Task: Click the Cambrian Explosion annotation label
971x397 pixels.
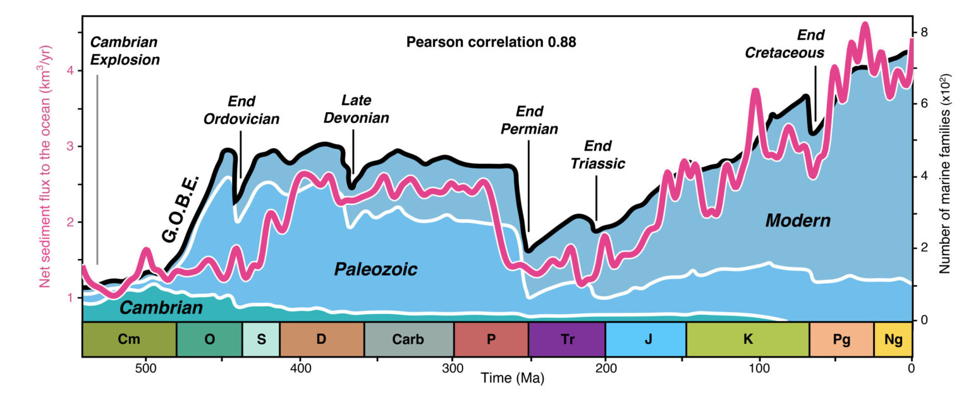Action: pos(124,51)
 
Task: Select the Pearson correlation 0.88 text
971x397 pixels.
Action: pos(491,42)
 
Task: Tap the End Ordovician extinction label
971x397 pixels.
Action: pos(241,110)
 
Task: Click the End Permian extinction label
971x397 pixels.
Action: pos(529,120)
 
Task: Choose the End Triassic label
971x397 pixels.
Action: pos(597,155)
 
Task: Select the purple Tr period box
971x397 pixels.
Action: pos(566,339)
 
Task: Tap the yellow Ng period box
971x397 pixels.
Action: pos(893,339)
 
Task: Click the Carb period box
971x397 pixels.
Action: pos(408,339)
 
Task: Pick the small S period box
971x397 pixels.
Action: pos(260,339)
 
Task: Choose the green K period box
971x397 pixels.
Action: pos(747,339)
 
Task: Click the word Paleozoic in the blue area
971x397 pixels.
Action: pos(376,270)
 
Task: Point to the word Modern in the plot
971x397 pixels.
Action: pos(797,221)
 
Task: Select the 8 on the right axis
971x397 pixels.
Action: pos(924,32)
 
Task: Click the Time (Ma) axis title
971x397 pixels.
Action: pos(496,379)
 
